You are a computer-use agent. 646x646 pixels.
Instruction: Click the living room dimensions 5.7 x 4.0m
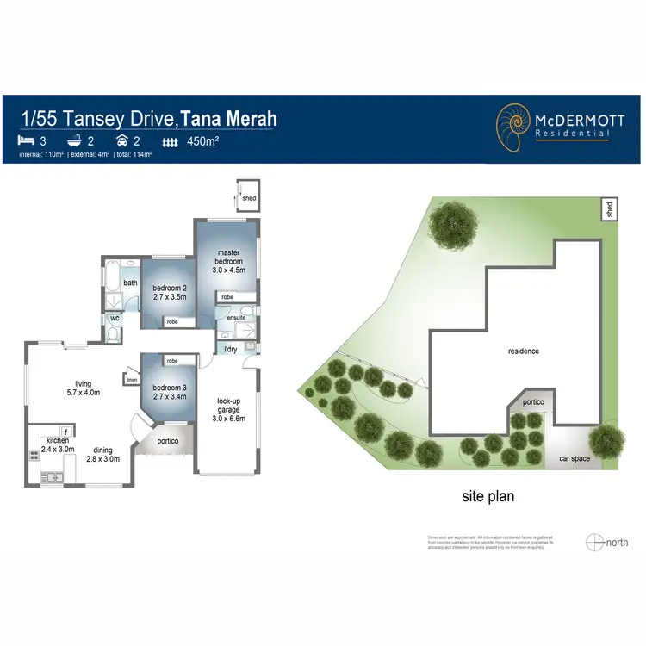[83, 393]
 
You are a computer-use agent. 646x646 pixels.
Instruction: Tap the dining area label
[102, 450]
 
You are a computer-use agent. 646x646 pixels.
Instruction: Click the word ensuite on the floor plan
[237, 318]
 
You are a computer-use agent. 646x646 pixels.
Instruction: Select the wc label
[114, 319]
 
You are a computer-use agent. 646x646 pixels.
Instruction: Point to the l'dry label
[231, 349]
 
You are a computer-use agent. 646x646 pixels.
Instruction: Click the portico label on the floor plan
[168, 442]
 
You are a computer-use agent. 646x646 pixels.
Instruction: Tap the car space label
[575, 458]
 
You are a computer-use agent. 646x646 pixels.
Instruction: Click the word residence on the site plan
[523, 351]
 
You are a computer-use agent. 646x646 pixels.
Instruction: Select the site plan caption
[487, 496]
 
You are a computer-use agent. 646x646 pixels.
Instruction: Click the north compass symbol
[594, 542]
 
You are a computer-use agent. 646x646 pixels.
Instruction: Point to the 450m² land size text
[203, 141]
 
